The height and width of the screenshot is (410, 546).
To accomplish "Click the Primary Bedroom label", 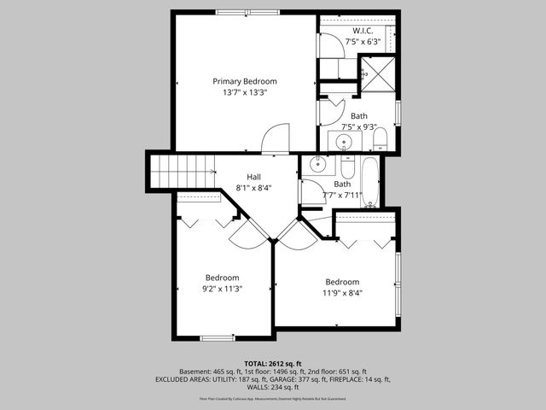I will click(x=245, y=81).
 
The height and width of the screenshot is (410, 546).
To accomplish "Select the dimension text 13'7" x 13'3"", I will click(x=245, y=92).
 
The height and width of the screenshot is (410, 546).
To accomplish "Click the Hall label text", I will click(x=253, y=177).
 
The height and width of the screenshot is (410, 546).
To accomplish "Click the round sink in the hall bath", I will click(x=314, y=164).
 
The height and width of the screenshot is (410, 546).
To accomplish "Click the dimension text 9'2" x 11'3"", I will click(x=222, y=289).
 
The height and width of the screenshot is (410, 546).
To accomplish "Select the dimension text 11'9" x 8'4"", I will click(x=342, y=293).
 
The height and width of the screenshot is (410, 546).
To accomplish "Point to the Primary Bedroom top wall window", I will click(x=236, y=12).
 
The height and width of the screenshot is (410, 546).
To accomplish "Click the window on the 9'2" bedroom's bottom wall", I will click(x=218, y=338).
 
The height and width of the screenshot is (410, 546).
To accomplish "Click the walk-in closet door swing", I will click(x=329, y=45).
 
